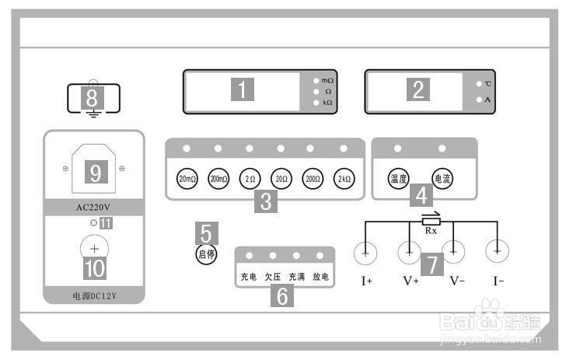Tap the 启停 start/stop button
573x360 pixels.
(206, 253)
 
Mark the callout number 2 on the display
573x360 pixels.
(418, 90)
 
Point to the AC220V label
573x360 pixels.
(94, 208)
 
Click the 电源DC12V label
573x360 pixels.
(93, 295)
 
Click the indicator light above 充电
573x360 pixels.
(249, 255)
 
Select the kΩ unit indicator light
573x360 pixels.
(316, 103)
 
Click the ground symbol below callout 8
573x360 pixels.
(93, 116)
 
